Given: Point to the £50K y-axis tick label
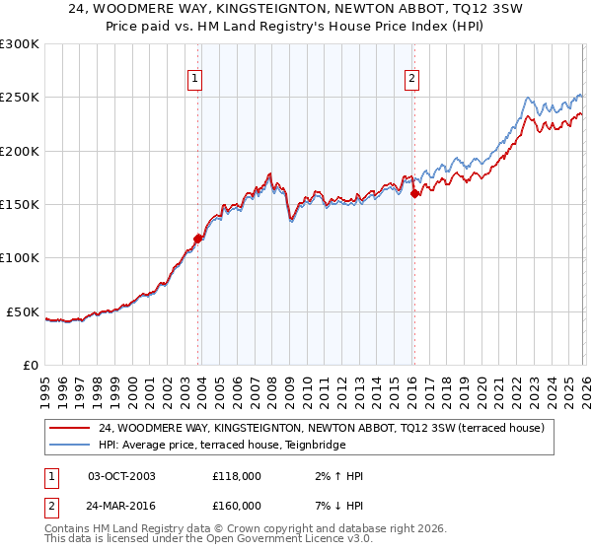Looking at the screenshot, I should (23, 311).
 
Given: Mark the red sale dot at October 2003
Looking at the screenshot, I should (198, 238).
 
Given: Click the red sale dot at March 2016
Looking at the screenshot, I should (414, 193).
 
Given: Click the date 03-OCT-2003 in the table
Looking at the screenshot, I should (121, 476).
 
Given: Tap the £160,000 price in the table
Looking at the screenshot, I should (237, 505).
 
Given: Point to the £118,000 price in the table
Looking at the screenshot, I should (237, 476).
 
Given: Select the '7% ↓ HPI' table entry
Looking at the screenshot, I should (334, 505).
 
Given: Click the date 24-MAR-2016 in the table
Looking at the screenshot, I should (121, 505).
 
